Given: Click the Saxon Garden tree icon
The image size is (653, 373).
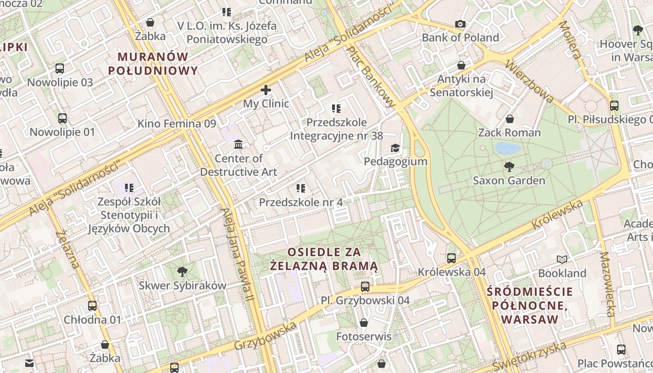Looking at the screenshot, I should [x=509, y=166].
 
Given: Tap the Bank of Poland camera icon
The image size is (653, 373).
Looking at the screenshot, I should [x=460, y=24].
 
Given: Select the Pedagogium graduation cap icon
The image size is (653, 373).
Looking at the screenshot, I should [x=395, y=148].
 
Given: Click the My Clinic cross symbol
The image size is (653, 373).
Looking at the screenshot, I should [x=266, y=90].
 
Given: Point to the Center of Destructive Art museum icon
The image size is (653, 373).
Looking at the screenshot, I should [x=238, y=144].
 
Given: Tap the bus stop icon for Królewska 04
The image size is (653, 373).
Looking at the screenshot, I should [x=451, y=258].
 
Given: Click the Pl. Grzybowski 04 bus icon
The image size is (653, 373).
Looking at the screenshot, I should [x=365, y=286].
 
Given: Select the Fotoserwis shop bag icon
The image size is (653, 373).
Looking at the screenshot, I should [x=364, y=323].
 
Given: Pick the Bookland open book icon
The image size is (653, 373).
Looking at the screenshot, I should [x=562, y=259].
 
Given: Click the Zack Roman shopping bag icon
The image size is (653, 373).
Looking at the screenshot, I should [x=509, y=119].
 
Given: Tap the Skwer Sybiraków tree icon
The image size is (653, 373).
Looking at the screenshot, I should [x=182, y=271].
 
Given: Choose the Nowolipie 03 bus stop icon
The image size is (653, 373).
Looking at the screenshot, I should [x=60, y=69].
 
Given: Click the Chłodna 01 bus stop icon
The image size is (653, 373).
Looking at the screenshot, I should [x=92, y=306].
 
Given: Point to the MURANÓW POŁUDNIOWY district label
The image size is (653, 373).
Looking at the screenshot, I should [x=153, y=64].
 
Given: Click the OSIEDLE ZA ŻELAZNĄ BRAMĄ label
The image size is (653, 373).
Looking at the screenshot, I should [x=324, y=259].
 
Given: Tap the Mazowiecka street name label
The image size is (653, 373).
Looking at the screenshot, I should [x=609, y=284].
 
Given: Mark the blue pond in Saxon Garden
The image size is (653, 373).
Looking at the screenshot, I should [x=507, y=148].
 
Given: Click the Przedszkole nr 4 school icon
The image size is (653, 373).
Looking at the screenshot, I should [x=301, y=188].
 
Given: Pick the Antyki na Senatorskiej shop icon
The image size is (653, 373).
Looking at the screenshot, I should [x=461, y=65].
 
